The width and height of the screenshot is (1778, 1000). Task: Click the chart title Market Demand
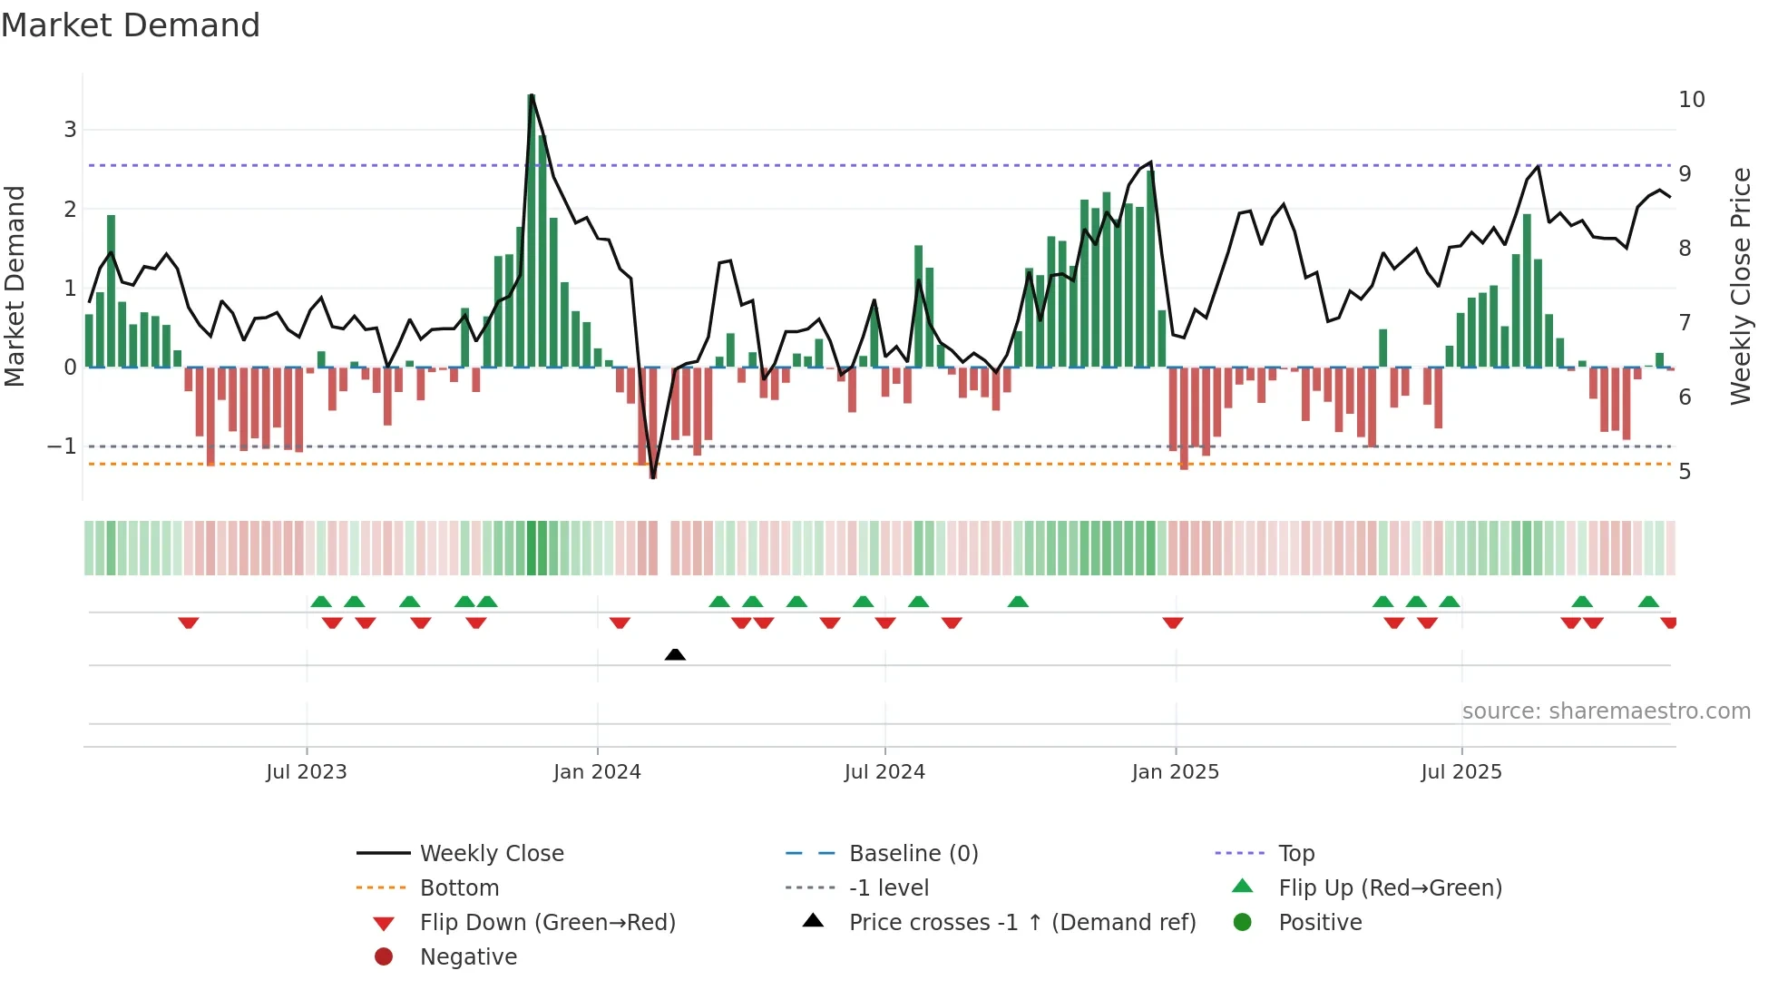(131, 25)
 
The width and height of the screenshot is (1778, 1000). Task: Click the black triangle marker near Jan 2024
(675, 654)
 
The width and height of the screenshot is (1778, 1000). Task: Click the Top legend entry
(1295, 853)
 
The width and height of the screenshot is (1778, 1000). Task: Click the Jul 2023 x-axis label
(307, 771)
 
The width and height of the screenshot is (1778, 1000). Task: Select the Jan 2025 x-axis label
(1175, 771)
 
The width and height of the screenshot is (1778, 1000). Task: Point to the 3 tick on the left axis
(70, 130)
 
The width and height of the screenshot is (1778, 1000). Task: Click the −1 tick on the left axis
(62, 446)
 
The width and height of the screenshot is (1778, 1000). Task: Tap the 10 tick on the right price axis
(1691, 100)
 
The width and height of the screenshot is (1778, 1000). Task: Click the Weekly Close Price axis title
(1740, 286)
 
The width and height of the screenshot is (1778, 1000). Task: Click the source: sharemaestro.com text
(1606, 711)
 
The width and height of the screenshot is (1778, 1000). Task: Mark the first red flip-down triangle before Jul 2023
(189, 623)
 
